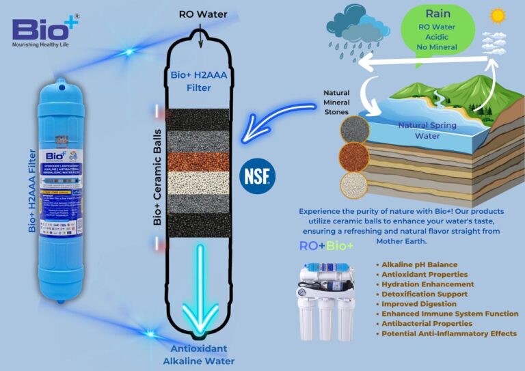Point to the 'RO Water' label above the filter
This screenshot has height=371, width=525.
coord(202,14)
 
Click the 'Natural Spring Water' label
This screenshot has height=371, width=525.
coord(428,130)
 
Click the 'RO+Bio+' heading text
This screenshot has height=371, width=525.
coord(326,246)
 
